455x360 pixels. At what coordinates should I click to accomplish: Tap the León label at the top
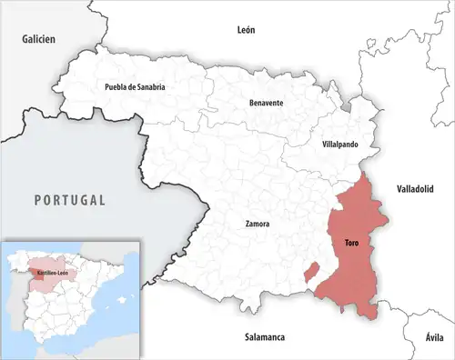coord(246,29)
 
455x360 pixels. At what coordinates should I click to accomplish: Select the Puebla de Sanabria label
coord(135,87)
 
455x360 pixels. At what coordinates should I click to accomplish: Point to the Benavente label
coord(266,103)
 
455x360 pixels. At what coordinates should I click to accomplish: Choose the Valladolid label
coord(416,188)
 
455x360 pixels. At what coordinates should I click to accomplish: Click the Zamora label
coord(257,223)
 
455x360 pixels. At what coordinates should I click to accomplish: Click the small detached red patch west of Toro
coord(310,271)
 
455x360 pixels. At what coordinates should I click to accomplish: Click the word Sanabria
coord(149,87)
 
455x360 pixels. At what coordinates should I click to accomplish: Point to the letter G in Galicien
coord(25,40)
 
